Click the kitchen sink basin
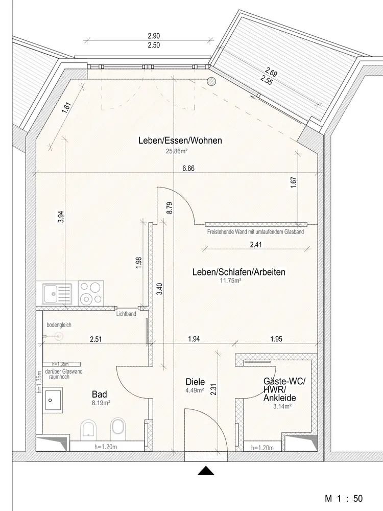click(51, 293)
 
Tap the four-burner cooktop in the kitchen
click(91, 293)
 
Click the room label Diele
click(196, 382)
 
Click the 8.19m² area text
click(100, 403)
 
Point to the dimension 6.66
click(189, 168)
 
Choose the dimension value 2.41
click(256, 245)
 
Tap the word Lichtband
click(126, 314)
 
